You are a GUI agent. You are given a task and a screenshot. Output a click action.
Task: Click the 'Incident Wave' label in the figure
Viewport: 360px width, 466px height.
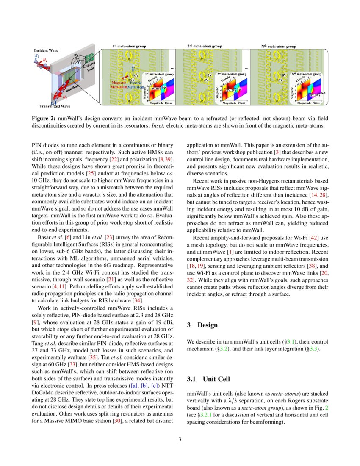coord(46,50)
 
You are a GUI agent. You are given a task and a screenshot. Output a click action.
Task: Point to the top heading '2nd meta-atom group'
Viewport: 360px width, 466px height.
coord(205,46)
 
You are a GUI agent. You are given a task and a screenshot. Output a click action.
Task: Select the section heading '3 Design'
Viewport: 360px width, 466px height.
coord(202,325)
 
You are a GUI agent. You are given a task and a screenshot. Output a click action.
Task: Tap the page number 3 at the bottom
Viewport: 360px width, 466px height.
coord(180,439)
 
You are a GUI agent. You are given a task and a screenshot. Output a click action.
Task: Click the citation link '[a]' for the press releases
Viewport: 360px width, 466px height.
coord(132,386)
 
